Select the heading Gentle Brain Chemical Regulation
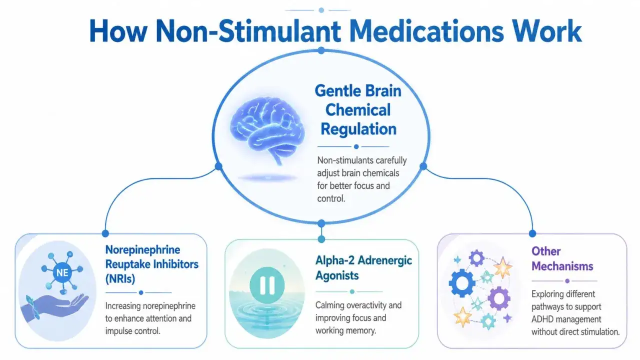pos(358,109)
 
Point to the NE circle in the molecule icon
pos(62,272)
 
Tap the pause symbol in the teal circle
pos(267,285)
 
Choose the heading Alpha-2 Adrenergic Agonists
pos(363,268)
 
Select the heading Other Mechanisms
pos(562,259)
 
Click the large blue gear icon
pos(462,283)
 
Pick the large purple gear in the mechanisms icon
pos(499,298)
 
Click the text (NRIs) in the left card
pos(120,279)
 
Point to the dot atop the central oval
pos(321,51)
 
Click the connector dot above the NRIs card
pos(105,233)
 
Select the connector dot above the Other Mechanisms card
pos(532,233)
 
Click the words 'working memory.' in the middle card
pos(345,330)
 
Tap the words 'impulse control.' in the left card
pos(132,331)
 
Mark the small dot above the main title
pos(321,10)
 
